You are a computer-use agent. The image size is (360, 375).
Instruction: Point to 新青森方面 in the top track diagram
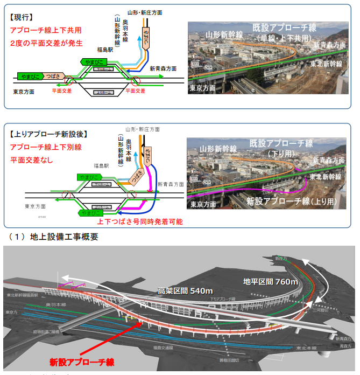click(163, 69)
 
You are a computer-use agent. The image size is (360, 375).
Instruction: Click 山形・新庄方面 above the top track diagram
click(145, 12)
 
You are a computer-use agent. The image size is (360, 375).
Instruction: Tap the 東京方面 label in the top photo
click(202, 87)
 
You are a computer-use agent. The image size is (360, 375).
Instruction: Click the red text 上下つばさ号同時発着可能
click(139, 221)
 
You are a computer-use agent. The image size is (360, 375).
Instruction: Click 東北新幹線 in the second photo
click(325, 176)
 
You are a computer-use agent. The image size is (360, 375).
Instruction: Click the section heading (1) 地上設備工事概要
click(54, 237)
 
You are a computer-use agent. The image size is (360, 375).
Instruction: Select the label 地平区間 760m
click(271, 281)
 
